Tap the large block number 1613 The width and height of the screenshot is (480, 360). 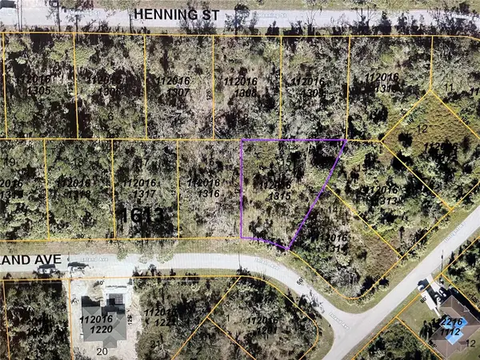144,214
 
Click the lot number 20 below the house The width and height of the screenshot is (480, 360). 102,350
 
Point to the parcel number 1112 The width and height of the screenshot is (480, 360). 450,326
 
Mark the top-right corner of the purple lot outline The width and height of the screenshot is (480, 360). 346,140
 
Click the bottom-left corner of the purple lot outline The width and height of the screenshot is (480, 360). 241,238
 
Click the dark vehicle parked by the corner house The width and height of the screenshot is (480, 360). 422,284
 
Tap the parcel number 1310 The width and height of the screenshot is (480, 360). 382,83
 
